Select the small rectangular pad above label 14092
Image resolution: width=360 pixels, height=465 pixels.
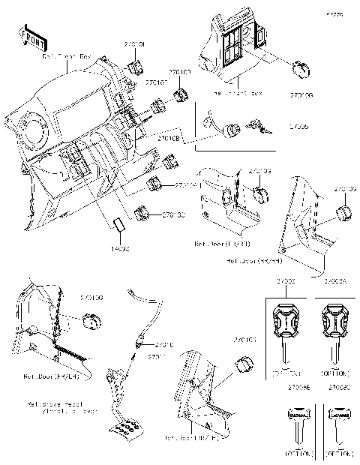[x=119, y=225]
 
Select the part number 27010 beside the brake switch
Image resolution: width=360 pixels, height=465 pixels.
[x=165, y=344]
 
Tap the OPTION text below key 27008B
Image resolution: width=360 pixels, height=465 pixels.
[x=294, y=454]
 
